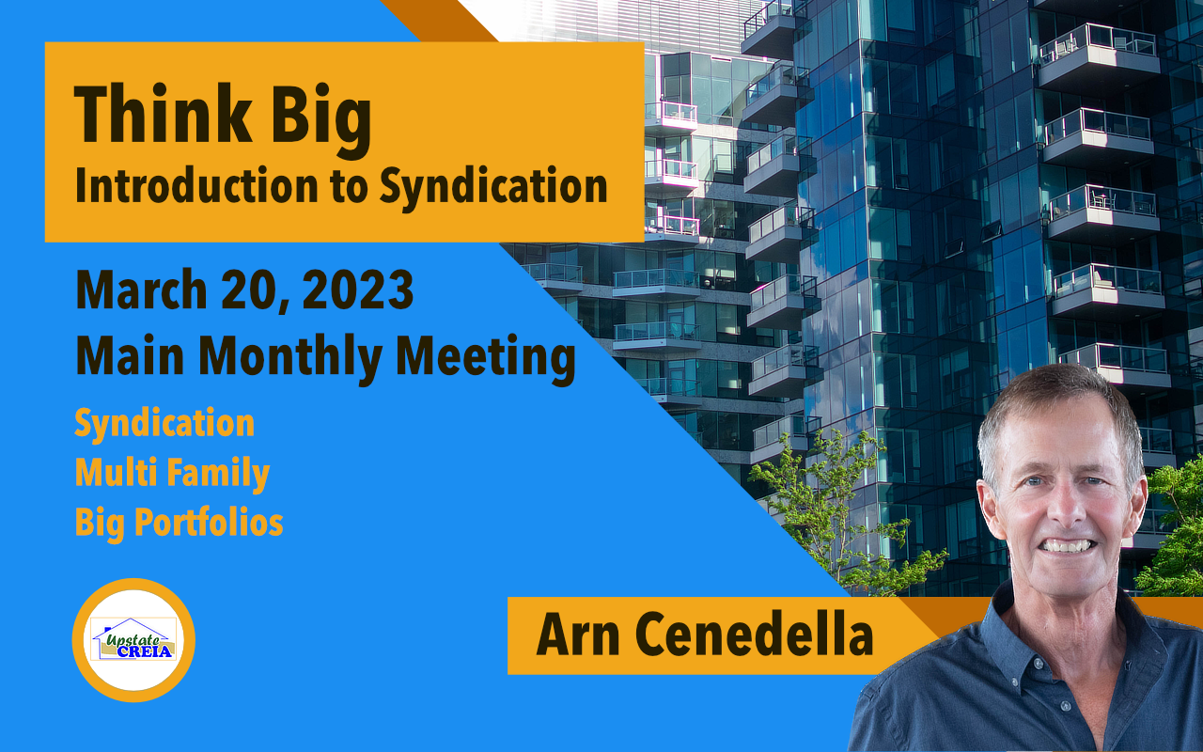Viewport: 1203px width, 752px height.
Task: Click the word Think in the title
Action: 163,114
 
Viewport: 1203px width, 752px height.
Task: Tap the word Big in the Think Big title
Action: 320,121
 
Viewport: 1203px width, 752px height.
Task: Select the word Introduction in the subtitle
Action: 196,185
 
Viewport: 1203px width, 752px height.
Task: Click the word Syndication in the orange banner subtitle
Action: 493,188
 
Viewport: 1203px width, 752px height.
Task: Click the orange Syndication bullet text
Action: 164,424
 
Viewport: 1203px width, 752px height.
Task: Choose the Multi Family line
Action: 172,474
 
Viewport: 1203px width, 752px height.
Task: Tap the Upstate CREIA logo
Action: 133,640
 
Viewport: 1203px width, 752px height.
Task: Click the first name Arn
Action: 578,634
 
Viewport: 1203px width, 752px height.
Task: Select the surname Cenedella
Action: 754,634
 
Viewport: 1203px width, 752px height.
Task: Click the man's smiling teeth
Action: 1067,546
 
